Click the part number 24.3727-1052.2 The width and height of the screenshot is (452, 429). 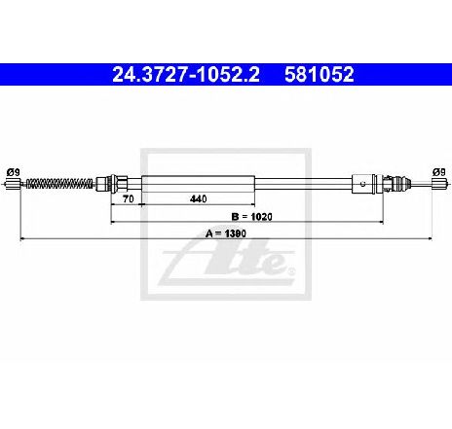tap(186, 75)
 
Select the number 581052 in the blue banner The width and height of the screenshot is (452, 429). tap(320, 75)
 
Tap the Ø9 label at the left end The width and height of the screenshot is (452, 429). tap(14, 172)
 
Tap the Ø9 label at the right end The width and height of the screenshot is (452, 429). tap(438, 172)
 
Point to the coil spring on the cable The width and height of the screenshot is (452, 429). tap(58, 184)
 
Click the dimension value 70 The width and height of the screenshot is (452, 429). tap(129, 198)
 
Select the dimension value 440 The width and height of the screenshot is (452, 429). tap(198, 198)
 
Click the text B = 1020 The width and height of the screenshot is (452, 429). tap(252, 216)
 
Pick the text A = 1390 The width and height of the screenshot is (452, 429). tap(226, 233)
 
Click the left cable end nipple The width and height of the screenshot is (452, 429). tap(14, 184)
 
